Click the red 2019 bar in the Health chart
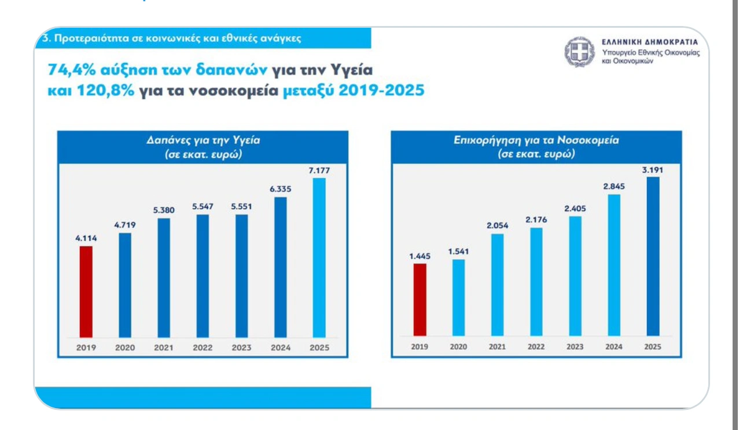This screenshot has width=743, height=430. [86, 291]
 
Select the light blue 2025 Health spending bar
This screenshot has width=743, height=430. [319, 257]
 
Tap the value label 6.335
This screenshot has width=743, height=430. [280, 189]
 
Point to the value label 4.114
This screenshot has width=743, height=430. [86, 238]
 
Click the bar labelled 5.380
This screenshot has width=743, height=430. [164, 277]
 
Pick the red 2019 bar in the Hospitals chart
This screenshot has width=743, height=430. [420, 299]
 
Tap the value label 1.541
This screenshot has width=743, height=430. [458, 251]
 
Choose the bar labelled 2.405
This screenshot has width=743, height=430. [575, 276]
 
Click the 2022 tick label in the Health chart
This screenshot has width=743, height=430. [203, 348]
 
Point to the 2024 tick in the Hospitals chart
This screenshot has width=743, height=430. [614, 347]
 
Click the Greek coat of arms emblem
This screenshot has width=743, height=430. [576, 51]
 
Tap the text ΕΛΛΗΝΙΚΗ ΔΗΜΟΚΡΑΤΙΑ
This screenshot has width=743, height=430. [650, 42]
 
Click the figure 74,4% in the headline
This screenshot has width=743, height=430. [72, 71]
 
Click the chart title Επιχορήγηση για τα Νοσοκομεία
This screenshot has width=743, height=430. [536, 141]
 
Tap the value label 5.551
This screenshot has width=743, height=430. [241, 207]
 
